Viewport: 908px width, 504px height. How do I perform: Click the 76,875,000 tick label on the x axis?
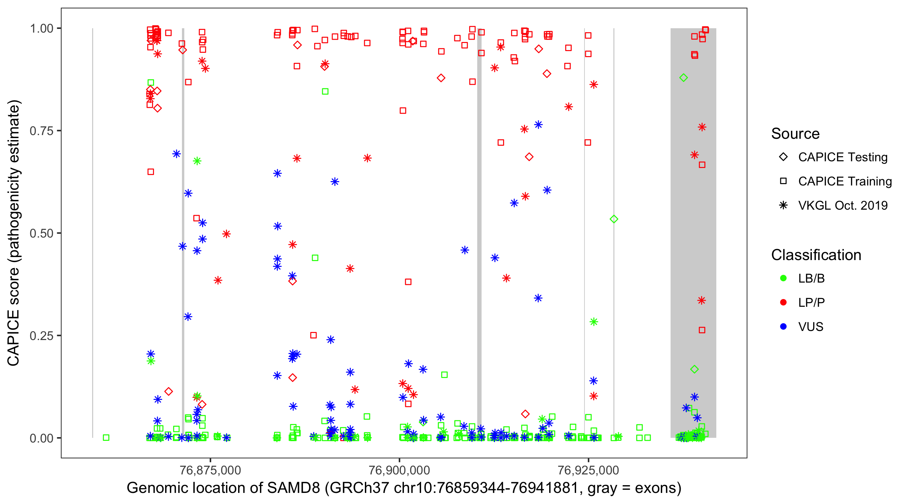210,470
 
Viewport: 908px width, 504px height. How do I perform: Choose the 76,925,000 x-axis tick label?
588,470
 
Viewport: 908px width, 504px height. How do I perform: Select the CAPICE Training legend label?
844,181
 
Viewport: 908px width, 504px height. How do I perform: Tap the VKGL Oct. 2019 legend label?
842,206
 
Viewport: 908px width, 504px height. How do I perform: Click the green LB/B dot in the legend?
783,278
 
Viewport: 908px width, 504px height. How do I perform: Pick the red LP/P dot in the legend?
783,302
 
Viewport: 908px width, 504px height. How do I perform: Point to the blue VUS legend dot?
783,327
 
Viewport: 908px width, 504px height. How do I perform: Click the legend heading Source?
795,134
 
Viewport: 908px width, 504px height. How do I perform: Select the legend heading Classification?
816,255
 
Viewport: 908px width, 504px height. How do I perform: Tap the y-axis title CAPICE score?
13,317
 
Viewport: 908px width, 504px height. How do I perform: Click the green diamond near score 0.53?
614,219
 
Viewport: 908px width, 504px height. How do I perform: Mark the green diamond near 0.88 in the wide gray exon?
683,78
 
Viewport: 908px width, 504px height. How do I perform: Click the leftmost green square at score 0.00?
106,437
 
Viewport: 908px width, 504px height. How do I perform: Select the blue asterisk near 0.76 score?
538,125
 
